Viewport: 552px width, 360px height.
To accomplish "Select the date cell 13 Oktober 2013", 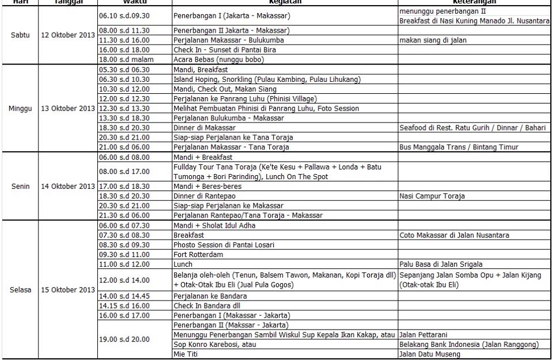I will (x=68, y=109).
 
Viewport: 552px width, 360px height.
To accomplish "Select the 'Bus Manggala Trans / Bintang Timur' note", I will (x=459, y=147).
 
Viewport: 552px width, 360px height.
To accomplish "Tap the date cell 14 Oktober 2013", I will (x=68, y=186).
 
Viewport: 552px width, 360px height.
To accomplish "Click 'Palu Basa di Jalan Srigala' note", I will (x=441, y=264).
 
